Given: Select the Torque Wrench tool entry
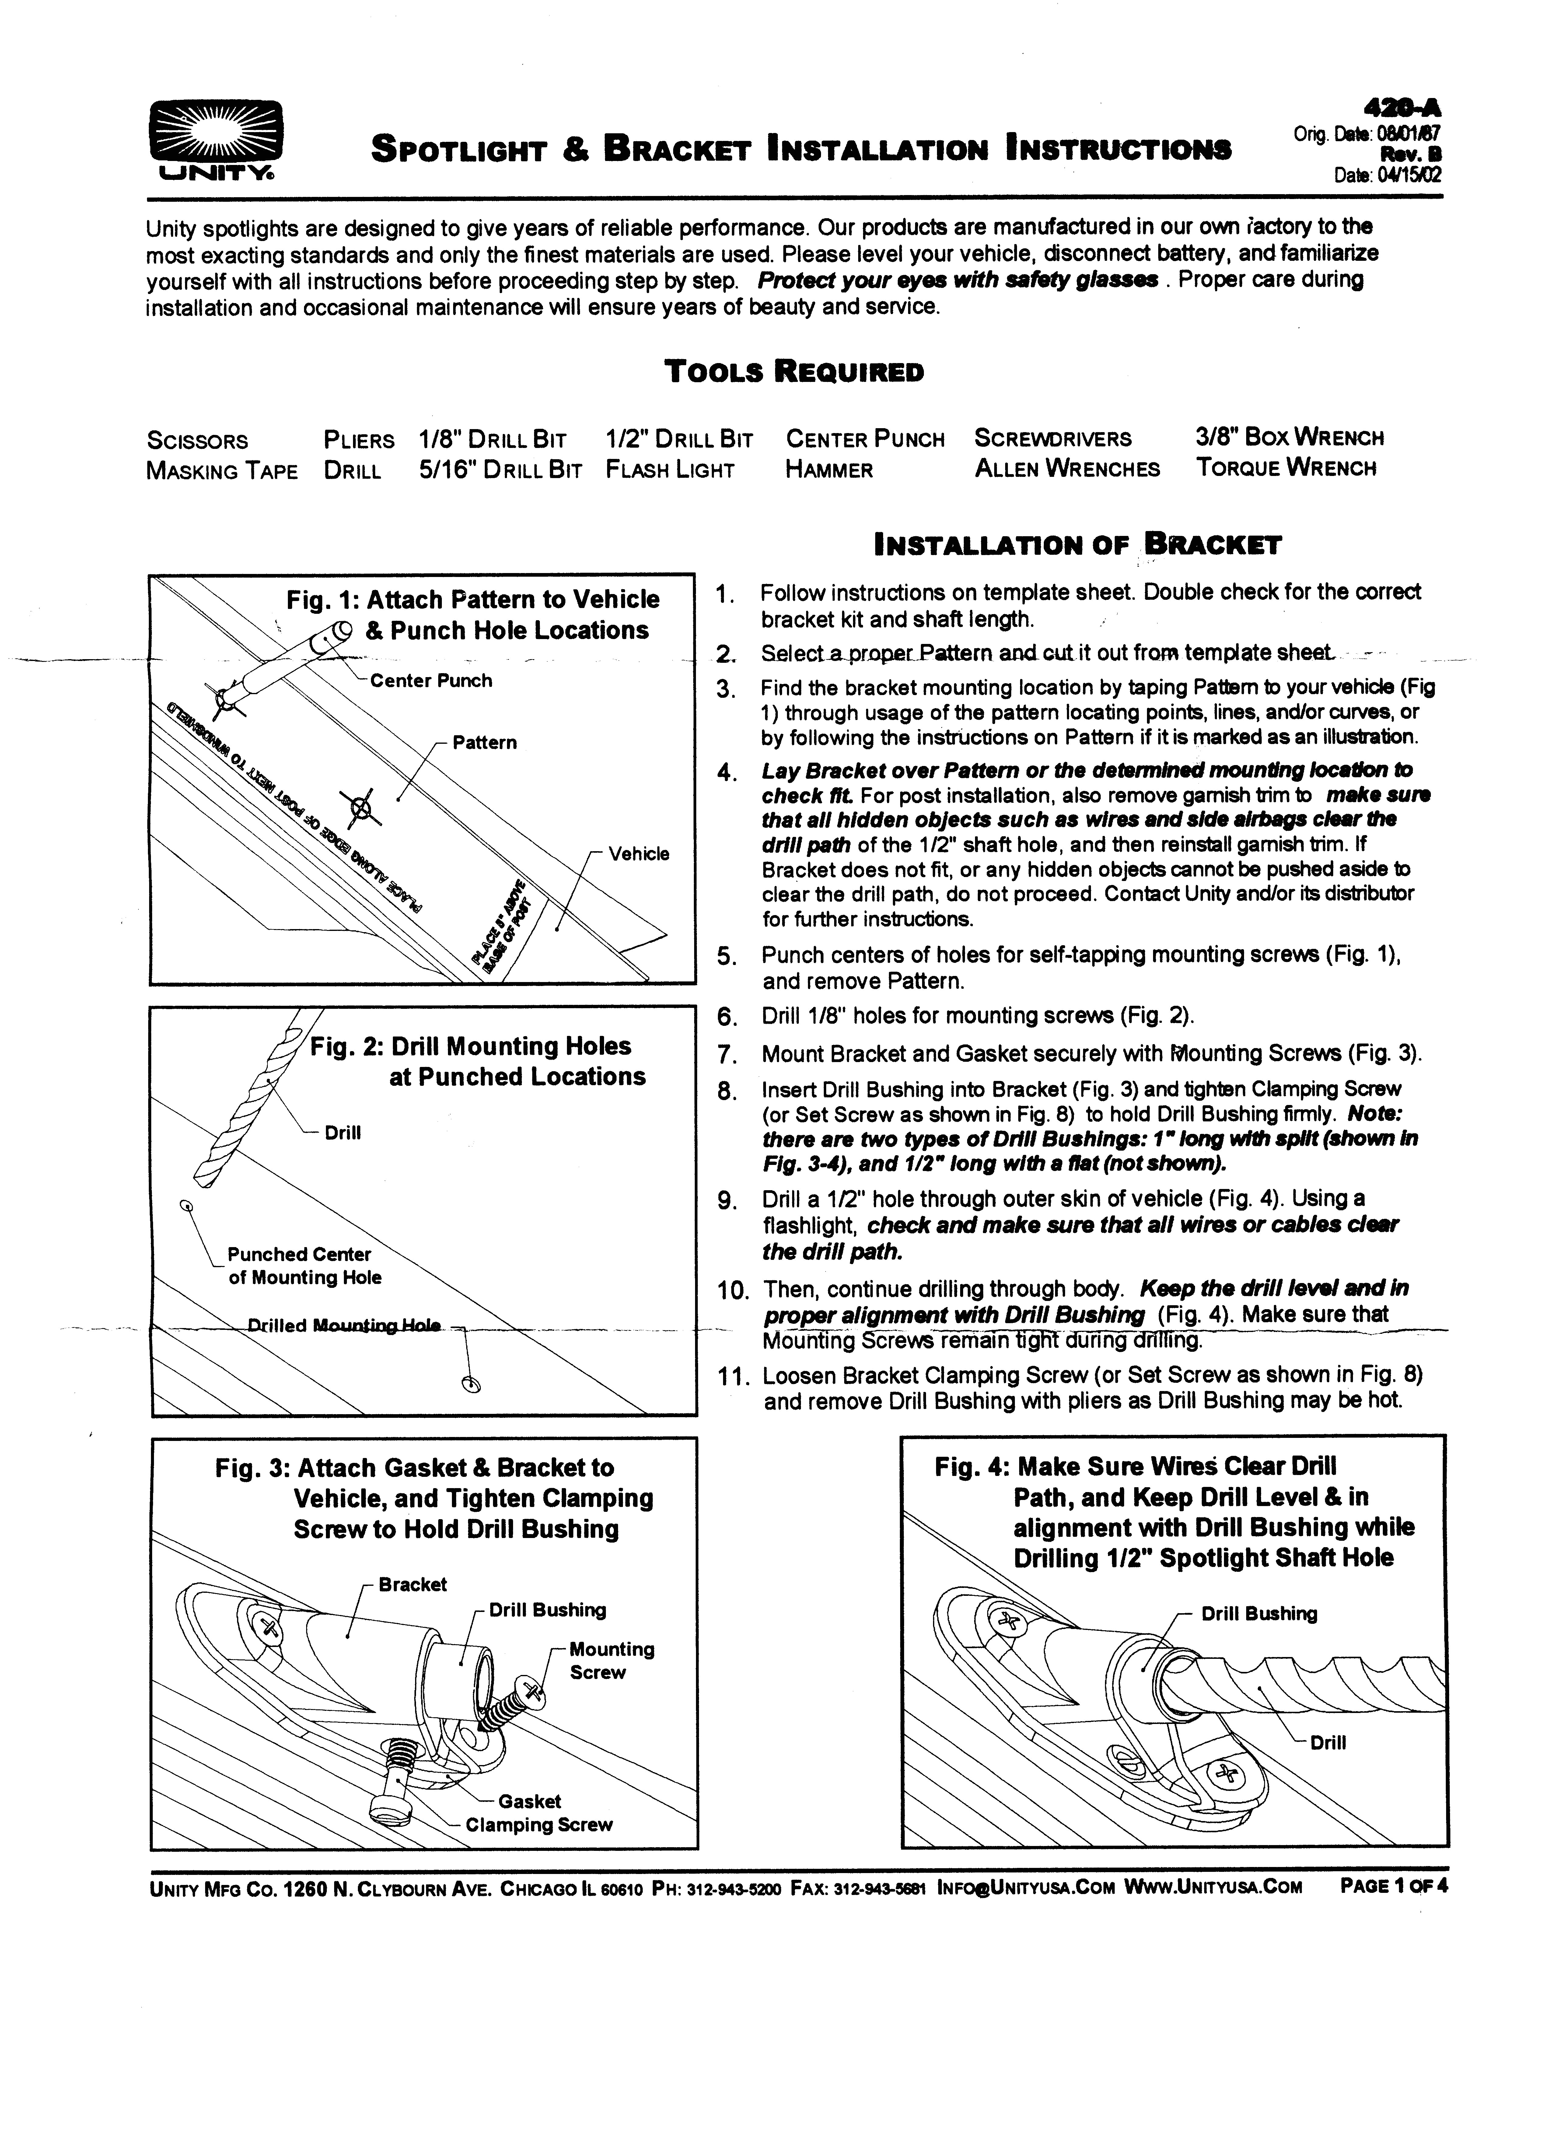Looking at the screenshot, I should click(x=1285, y=468).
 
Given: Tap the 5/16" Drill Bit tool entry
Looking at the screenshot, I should click(x=500, y=470).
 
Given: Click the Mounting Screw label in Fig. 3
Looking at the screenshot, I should click(x=611, y=1660).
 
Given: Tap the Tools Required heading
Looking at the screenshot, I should click(x=794, y=372).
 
